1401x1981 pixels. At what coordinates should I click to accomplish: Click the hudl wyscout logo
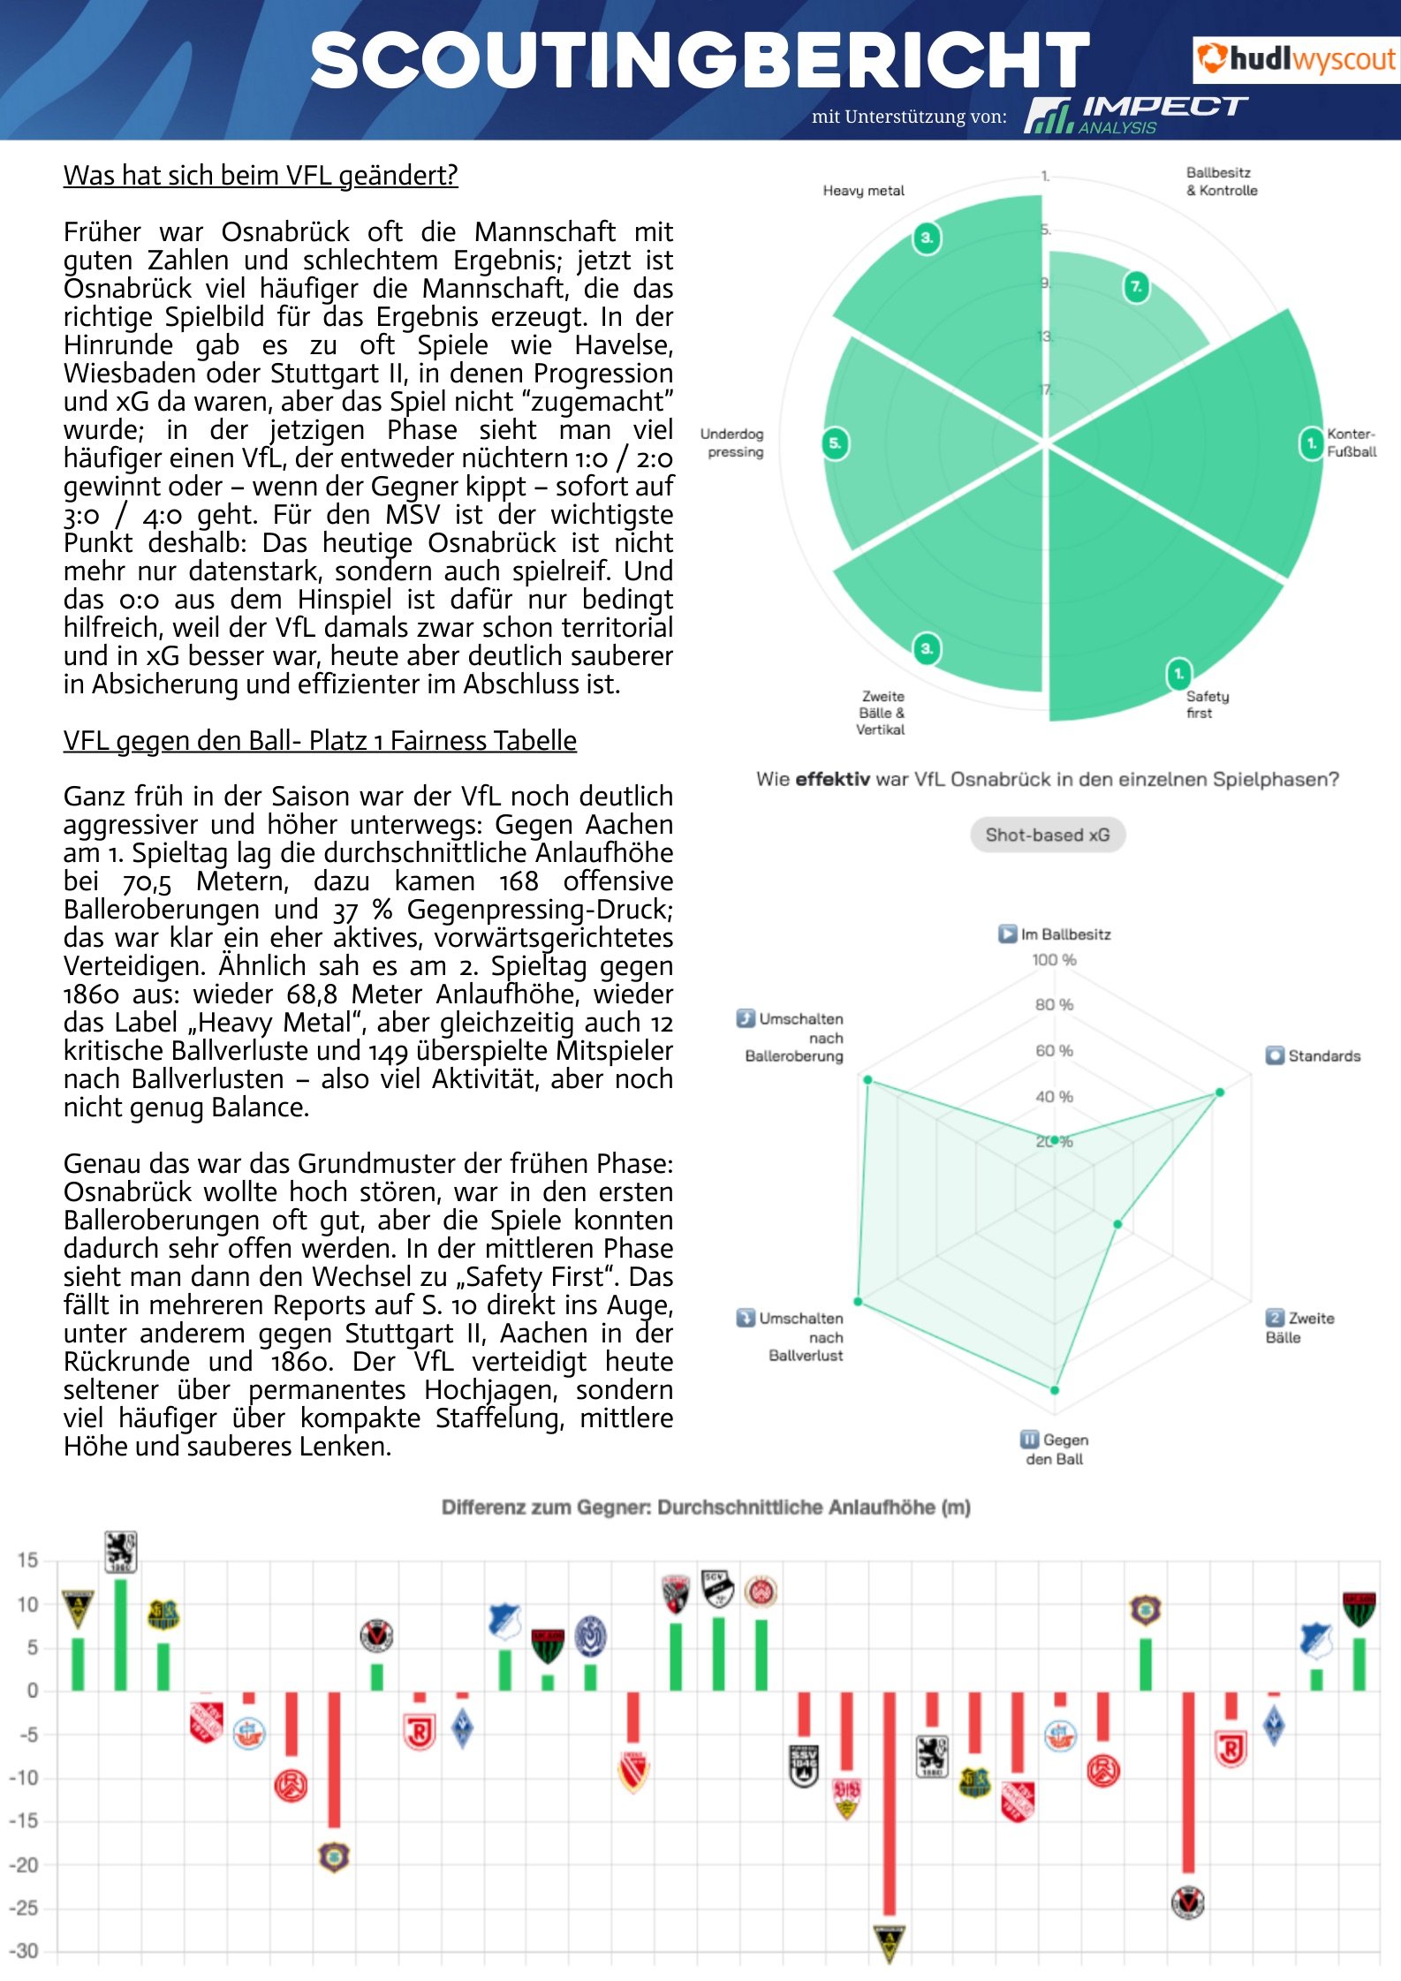(x=1295, y=59)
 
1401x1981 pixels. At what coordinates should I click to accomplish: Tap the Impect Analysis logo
(x=1136, y=115)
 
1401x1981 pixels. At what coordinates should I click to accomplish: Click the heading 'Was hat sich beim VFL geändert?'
(x=261, y=175)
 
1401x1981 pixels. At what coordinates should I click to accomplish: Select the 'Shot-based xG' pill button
(x=1047, y=835)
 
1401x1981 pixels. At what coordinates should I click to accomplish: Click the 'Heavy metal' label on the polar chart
(x=863, y=191)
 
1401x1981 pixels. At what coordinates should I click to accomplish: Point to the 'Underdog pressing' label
(x=732, y=442)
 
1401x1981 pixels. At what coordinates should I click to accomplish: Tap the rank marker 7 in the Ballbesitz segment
(x=1136, y=286)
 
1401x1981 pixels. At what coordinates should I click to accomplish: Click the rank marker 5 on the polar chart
(x=835, y=442)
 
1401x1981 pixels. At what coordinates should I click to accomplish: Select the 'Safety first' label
(x=1207, y=704)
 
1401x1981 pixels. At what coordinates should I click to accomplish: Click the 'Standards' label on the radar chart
(x=1323, y=1055)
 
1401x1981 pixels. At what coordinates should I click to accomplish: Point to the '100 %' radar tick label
(x=1054, y=960)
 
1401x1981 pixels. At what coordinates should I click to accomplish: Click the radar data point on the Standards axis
(x=1220, y=1093)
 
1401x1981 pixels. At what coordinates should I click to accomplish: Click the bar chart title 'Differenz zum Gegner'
(x=706, y=1507)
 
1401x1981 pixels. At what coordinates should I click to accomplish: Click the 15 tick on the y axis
(x=27, y=1560)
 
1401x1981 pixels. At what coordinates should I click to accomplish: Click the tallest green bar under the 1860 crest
(x=121, y=1634)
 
